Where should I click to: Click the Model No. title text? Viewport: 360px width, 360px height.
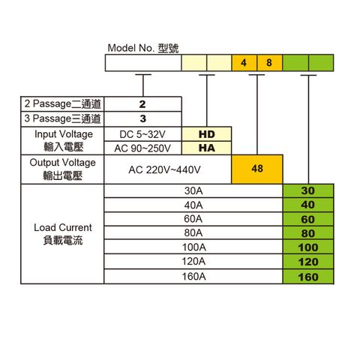pos(143,48)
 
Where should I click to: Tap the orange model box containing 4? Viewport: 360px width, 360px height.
pos(244,63)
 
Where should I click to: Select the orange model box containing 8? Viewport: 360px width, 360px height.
pos(270,63)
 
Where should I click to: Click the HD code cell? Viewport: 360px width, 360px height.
pos(206,134)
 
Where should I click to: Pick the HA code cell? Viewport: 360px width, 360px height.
pos(206,148)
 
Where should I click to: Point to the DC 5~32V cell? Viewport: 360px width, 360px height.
pos(142,134)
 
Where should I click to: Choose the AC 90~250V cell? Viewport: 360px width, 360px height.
pos(142,148)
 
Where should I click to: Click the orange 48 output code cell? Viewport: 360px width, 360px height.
pos(257,169)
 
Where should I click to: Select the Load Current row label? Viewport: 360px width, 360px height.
pos(62,234)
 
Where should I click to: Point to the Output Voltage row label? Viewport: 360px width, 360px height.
pos(62,169)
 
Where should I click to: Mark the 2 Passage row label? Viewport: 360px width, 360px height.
pos(62,104)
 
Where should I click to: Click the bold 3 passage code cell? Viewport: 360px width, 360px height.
pos(142,119)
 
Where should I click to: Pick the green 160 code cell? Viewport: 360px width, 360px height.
pos(308,277)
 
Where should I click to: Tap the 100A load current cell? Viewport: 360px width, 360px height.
pos(193,247)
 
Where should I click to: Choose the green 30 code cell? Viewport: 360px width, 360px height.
pos(308,191)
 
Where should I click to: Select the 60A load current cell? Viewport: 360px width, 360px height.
pos(193,219)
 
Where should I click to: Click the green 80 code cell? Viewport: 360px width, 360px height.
pos(308,233)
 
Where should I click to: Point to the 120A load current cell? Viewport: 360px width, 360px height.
pos(193,262)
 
